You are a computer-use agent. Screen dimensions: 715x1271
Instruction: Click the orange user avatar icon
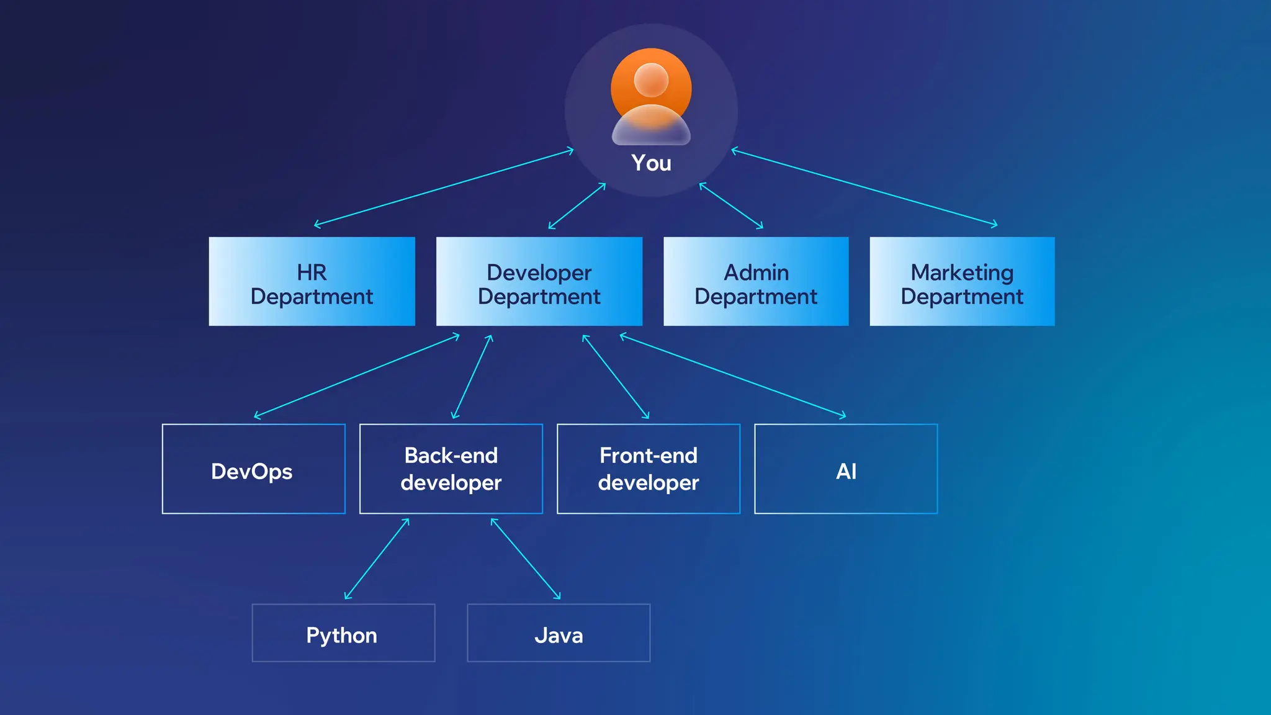[651, 96]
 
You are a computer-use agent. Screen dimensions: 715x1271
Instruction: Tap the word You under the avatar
[651, 163]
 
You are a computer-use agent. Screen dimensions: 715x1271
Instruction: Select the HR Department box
[312, 282]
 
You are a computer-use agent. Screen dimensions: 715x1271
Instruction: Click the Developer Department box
[539, 282]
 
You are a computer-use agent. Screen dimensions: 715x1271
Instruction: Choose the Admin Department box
[756, 282]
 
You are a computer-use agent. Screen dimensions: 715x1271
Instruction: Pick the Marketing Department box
[962, 282]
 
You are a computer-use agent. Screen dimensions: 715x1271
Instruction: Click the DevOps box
[253, 469]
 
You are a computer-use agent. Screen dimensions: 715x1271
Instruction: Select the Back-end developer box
[451, 469]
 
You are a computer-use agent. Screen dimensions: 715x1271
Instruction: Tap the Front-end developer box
[649, 469]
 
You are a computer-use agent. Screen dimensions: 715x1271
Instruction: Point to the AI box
[846, 469]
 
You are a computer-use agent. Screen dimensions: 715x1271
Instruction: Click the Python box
[343, 633]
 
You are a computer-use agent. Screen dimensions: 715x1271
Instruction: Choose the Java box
[559, 633]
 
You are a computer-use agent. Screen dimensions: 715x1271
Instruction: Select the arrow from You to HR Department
[444, 187]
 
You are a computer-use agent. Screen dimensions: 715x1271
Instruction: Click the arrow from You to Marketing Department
[865, 187]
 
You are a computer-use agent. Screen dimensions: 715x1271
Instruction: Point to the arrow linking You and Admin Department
[731, 205]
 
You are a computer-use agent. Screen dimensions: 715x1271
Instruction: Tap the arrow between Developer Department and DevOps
[357, 376]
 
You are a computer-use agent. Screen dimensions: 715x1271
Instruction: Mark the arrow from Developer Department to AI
[733, 376]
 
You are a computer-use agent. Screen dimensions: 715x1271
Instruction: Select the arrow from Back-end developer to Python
[377, 559]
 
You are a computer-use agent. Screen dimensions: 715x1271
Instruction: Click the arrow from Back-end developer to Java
[526, 559]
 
